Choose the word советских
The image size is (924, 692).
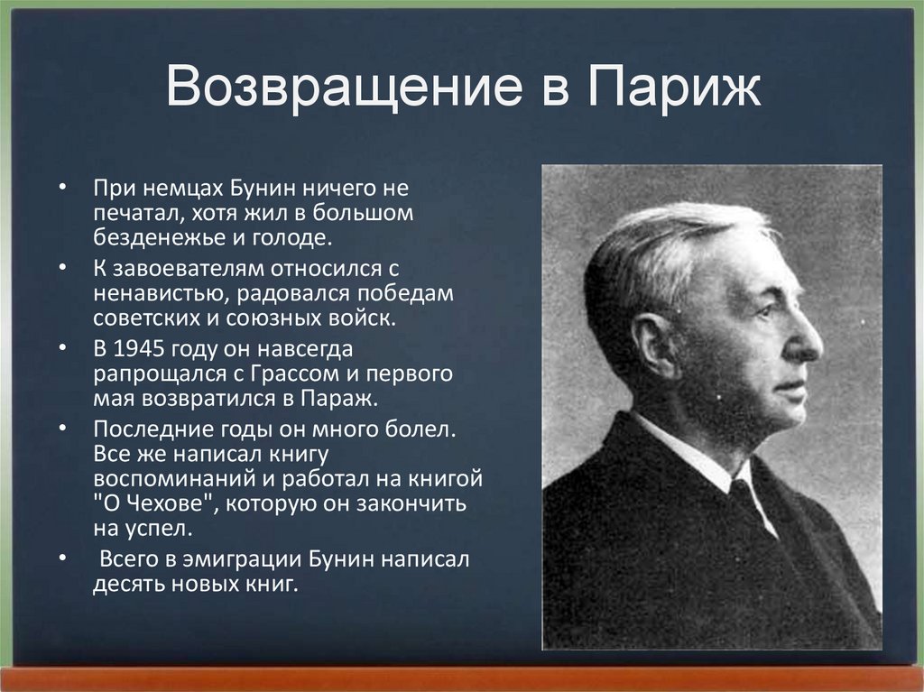pos(137,318)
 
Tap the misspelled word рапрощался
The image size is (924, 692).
pos(148,374)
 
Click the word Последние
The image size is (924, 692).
pos(145,429)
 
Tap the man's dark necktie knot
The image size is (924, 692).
pos(742,493)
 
